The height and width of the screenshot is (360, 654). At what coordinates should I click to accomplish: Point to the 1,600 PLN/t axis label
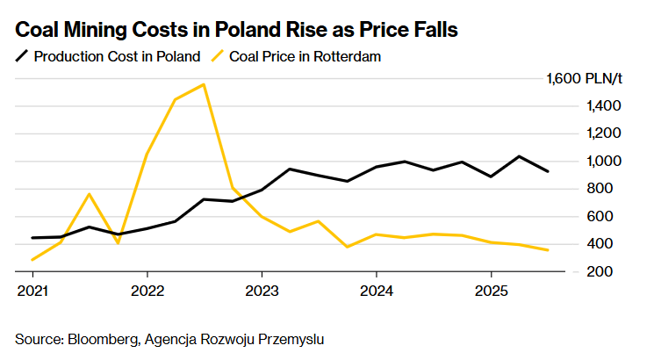584,78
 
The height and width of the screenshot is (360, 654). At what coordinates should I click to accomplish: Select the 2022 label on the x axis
147,289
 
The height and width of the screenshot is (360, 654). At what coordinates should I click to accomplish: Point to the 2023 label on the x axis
262,289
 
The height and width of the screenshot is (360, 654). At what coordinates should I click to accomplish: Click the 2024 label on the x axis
376,289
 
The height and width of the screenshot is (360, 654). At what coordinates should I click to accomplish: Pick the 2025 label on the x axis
491,289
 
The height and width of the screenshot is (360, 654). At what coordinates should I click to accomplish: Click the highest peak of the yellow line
204,84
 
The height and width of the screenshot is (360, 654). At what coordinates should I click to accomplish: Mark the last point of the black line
549,171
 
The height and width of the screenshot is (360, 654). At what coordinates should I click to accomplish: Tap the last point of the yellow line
549,250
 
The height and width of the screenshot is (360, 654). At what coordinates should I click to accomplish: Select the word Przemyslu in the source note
295,338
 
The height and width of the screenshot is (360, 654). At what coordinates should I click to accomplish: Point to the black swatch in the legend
22,56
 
